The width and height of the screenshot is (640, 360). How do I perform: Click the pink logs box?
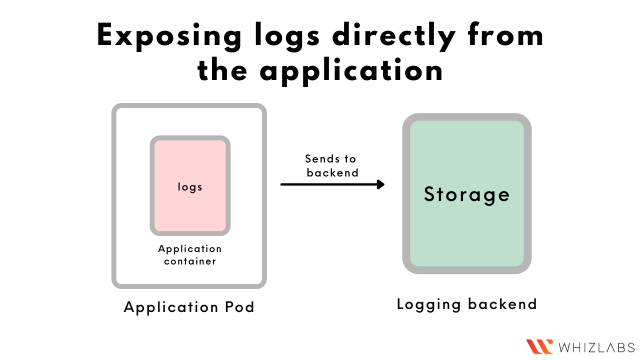point(190,186)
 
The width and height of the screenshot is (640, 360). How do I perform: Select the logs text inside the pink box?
point(190,186)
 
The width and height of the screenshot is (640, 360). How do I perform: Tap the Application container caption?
point(190,254)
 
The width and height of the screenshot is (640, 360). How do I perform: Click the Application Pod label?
point(189,307)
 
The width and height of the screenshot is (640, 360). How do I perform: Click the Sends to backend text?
point(330,166)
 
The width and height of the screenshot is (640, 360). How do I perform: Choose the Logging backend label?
point(467,304)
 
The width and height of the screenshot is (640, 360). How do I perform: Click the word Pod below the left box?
point(238,307)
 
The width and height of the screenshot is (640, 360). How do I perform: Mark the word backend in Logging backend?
point(503,304)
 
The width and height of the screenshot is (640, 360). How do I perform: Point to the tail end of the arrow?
point(282,184)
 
